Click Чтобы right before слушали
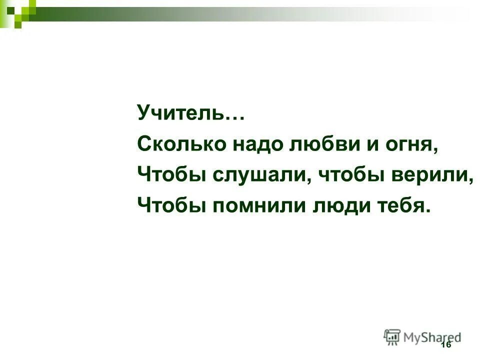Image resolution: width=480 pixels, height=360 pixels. (x=172, y=175)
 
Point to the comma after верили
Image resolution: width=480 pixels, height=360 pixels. (x=470, y=181)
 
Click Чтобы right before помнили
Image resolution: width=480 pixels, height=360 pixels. (x=172, y=205)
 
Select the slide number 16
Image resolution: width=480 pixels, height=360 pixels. (x=446, y=345)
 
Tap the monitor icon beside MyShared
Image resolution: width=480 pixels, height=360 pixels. (x=392, y=336)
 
